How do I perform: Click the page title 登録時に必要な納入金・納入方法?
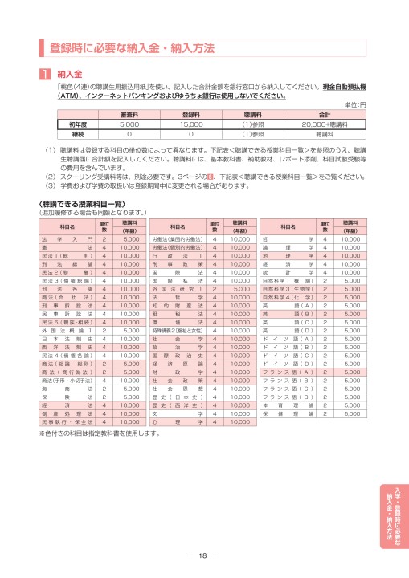(133, 48)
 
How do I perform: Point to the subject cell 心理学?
(166, 421)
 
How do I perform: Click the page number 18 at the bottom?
(204, 556)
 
